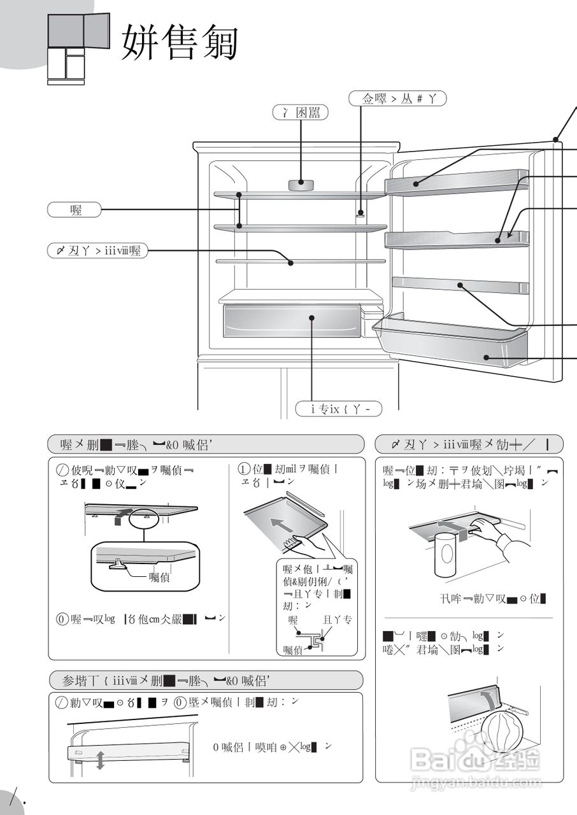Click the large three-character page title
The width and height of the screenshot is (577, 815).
180,43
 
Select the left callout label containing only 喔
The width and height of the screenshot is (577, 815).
75,209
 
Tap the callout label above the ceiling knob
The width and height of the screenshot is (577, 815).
301,113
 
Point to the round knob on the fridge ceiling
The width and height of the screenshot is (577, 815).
301,185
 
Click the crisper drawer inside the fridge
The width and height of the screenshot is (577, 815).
290,320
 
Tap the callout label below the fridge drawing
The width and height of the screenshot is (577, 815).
338,409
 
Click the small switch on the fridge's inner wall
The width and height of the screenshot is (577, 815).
360,215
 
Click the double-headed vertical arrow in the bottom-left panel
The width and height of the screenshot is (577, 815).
100,760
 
